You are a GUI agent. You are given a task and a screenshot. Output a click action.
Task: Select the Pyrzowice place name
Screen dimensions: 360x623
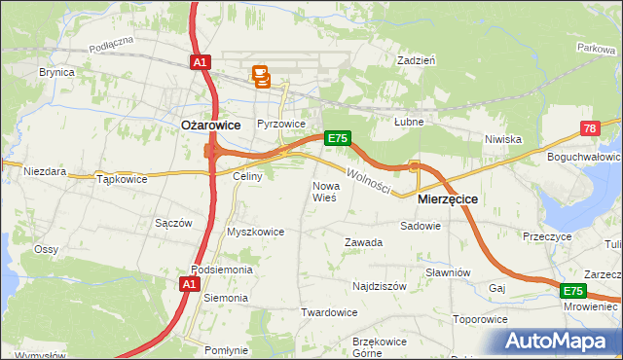[281, 125]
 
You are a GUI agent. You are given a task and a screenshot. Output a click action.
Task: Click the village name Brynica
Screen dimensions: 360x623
[56, 73]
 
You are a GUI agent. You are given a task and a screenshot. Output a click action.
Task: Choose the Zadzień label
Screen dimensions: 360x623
[416, 60]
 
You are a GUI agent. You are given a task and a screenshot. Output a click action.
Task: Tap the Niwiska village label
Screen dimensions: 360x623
[503, 139]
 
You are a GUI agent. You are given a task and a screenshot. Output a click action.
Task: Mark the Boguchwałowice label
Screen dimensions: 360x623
[585, 157]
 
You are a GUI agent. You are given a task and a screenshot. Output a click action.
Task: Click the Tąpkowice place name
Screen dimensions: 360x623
[122, 179]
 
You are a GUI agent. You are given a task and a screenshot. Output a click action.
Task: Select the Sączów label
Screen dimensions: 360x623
[173, 223]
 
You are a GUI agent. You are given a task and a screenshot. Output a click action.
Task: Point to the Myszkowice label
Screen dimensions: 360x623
[255, 232]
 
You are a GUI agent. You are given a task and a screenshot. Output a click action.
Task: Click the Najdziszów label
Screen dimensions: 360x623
[379, 287]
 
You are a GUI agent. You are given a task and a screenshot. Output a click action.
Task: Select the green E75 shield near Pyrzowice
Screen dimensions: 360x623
[337, 138]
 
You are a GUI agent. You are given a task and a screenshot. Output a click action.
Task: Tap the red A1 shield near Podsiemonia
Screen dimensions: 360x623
[191, 284]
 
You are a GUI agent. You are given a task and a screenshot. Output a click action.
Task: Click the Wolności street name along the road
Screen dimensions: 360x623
[368, 181]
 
